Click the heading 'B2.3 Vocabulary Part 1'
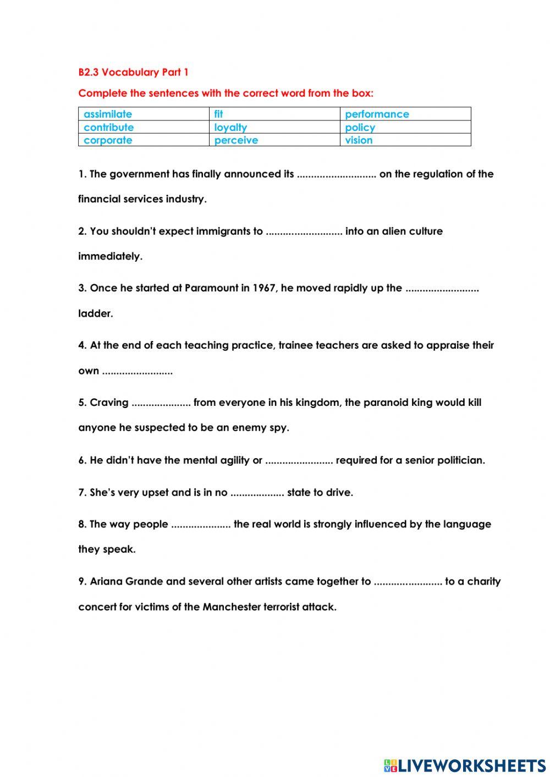click(133, 72)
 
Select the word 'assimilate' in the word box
click(108, 114)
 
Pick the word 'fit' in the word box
click(218, 114)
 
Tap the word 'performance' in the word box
click(377, 114)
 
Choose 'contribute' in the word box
click(108, 128)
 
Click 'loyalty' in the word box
click(230, 128)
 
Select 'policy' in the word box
click(360, 128)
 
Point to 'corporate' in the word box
click(108, 140)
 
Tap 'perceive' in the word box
click(236, 140)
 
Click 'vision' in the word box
click(359, 140)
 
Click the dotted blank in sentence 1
click(336, 175)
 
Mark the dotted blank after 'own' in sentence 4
click(137, 372)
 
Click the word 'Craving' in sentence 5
click(109, 403)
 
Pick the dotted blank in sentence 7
click(257, 493)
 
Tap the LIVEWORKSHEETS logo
click(465, 765)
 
